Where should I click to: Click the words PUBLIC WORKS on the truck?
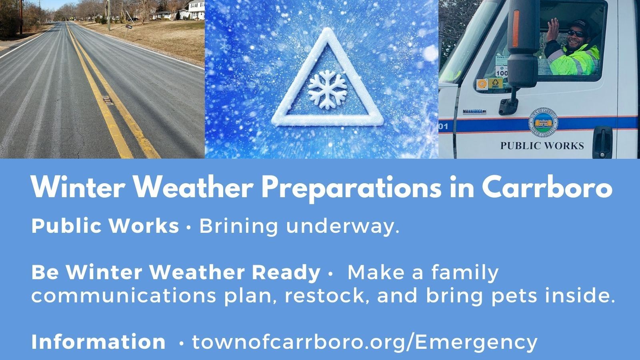(x=542, y=145)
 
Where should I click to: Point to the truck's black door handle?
(x=602, y=136)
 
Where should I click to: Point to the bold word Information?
(x=98, y=342)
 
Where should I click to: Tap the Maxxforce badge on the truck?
(x=474, y=111)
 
